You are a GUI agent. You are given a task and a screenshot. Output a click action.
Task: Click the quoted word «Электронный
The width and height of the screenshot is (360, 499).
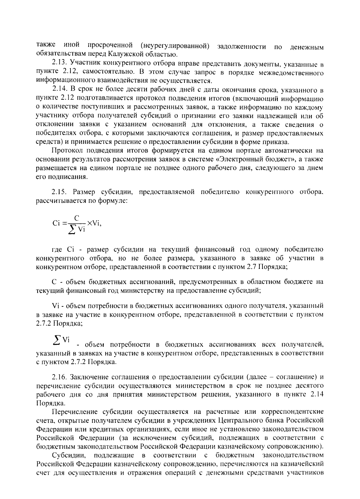coord(242,159)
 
